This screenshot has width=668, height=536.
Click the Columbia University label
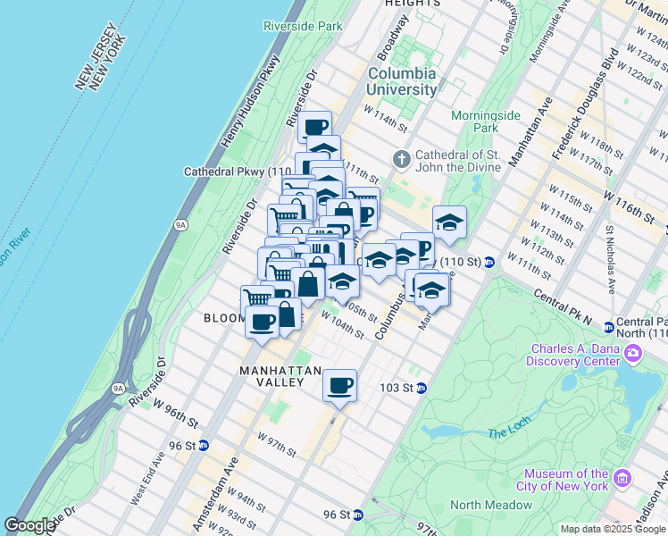402,81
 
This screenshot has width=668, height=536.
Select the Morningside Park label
472,121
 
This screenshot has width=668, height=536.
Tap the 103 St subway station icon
421,388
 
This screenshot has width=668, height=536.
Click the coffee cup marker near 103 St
339,385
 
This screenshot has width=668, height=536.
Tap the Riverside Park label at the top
304,26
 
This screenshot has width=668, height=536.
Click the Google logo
29,525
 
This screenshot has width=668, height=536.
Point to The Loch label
509,433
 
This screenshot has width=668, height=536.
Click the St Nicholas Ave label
611,259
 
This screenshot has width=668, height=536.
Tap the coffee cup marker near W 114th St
313,126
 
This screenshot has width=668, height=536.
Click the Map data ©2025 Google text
614,529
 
